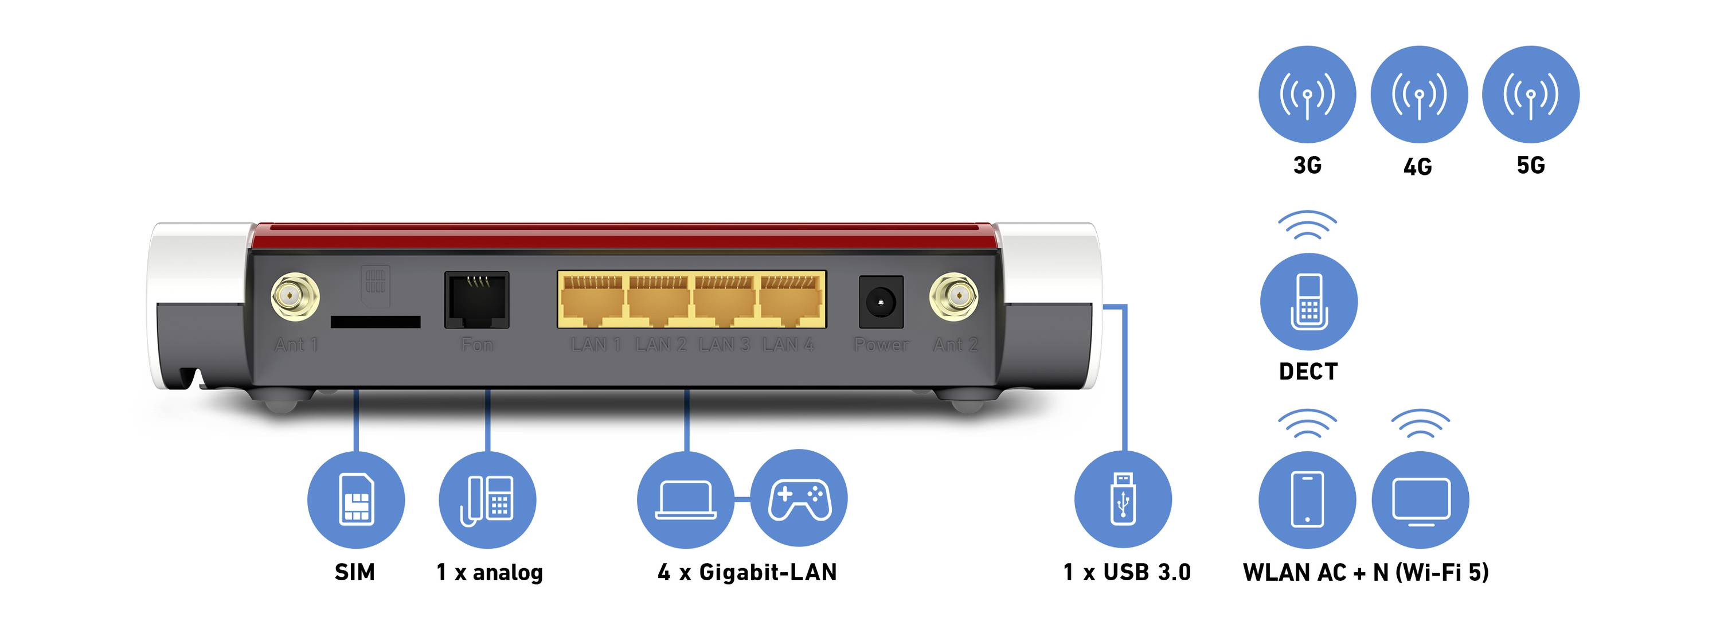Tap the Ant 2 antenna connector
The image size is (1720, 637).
[953, 296]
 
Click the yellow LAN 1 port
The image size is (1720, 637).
[592, 300]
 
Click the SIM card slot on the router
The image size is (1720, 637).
[376, 322]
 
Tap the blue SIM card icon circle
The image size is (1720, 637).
[356, 500]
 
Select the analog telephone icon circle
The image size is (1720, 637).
[487, 500]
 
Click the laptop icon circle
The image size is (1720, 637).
[685, 500]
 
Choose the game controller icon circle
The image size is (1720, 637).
[799, 498]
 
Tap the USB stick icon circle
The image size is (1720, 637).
[1123, 499]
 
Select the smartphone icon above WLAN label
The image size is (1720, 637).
[1307, 499]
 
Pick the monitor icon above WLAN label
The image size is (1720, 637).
[1421, 499]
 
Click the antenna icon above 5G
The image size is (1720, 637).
[1530, 94]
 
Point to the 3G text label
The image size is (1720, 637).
[1307, 165]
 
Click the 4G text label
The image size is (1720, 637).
[1417, 166]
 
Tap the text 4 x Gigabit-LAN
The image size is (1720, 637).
[747, 572]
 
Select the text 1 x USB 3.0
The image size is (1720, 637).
[1127, 572]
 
